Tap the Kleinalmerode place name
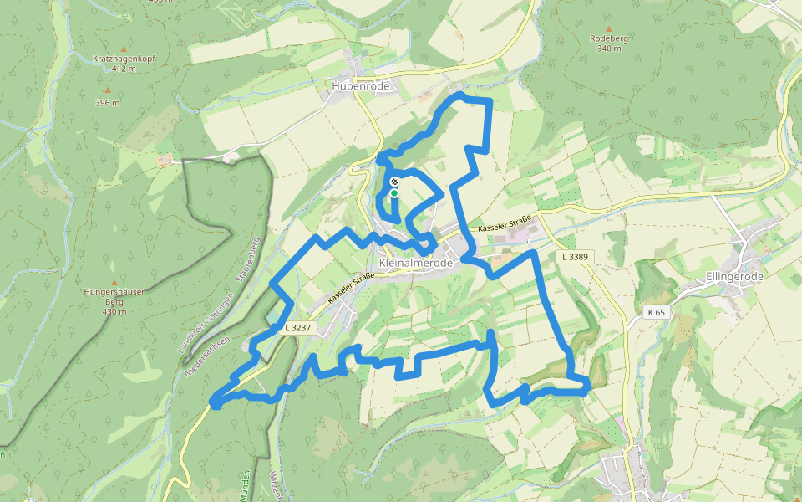[x=415, y=263]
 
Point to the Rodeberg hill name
[x=609, y=38]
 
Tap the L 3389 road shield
[x=575, y=257]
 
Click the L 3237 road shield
[x=297, y=328]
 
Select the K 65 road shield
[x=657, y=312]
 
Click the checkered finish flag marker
[x=394, y=181]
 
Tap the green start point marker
[x=394, y=192]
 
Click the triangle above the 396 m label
[x=107, y=90]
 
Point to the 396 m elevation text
[x=107, y=102]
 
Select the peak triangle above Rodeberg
[x=609, y=27]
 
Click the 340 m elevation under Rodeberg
[x=609, y=49]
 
